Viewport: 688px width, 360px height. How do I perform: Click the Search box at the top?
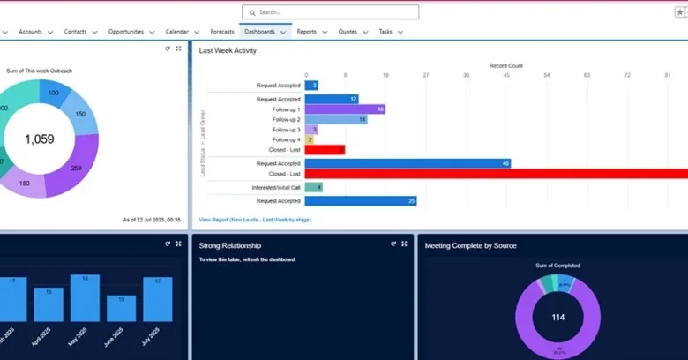(x=330, y=12)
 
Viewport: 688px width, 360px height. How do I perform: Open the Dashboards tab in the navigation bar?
(x=259, y=32)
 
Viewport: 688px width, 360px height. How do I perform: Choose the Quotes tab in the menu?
(x=348, y=32)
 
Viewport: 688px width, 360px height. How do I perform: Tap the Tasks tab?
(x=385, y=32)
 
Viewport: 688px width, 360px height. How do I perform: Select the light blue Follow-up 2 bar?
(x=336, y=119)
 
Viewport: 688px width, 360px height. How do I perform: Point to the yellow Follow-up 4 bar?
(x=310, y=139)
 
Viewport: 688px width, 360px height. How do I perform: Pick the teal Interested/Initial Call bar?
(x=314, y=187)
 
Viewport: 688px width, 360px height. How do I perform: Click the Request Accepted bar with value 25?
(x=361, y=201)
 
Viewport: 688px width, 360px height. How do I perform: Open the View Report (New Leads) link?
(x=255, y=220)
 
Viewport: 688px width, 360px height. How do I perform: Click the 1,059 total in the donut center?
(x=40, y=139)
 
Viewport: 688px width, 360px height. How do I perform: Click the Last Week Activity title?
(x=228, y=51)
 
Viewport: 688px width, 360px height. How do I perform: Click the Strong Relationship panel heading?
(x=229, y=245)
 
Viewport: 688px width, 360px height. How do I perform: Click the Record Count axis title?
(x=506, y=65)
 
